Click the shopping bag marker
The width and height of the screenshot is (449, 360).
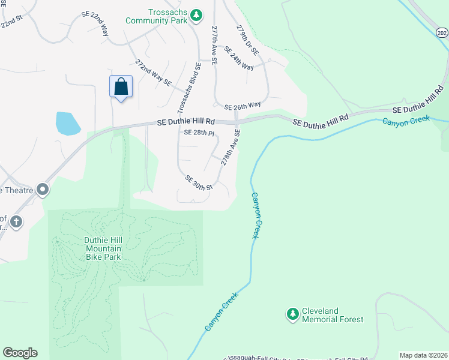[121, 87]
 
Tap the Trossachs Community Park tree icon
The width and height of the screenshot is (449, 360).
[195, 15]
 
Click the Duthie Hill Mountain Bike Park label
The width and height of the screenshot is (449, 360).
[103, 248]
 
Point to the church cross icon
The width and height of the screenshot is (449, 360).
[16, 222]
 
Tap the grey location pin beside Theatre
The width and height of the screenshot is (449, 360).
[42, 190]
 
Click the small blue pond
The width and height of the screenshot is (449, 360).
[67, 123]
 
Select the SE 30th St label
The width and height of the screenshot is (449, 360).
[199, 183]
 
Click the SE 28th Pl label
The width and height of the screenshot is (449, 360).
[199, 133]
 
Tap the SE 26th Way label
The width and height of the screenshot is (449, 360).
[243, 106]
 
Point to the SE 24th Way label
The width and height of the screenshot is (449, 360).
[239, 59]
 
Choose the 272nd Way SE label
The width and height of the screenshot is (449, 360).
[154, 72]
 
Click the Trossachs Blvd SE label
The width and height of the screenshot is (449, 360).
[188, 89]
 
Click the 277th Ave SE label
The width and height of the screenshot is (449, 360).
[214, 43]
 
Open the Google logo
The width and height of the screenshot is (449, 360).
[20, 353]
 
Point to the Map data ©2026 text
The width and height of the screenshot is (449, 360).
[423, 355]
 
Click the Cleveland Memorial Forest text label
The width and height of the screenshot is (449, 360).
[332, 315]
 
